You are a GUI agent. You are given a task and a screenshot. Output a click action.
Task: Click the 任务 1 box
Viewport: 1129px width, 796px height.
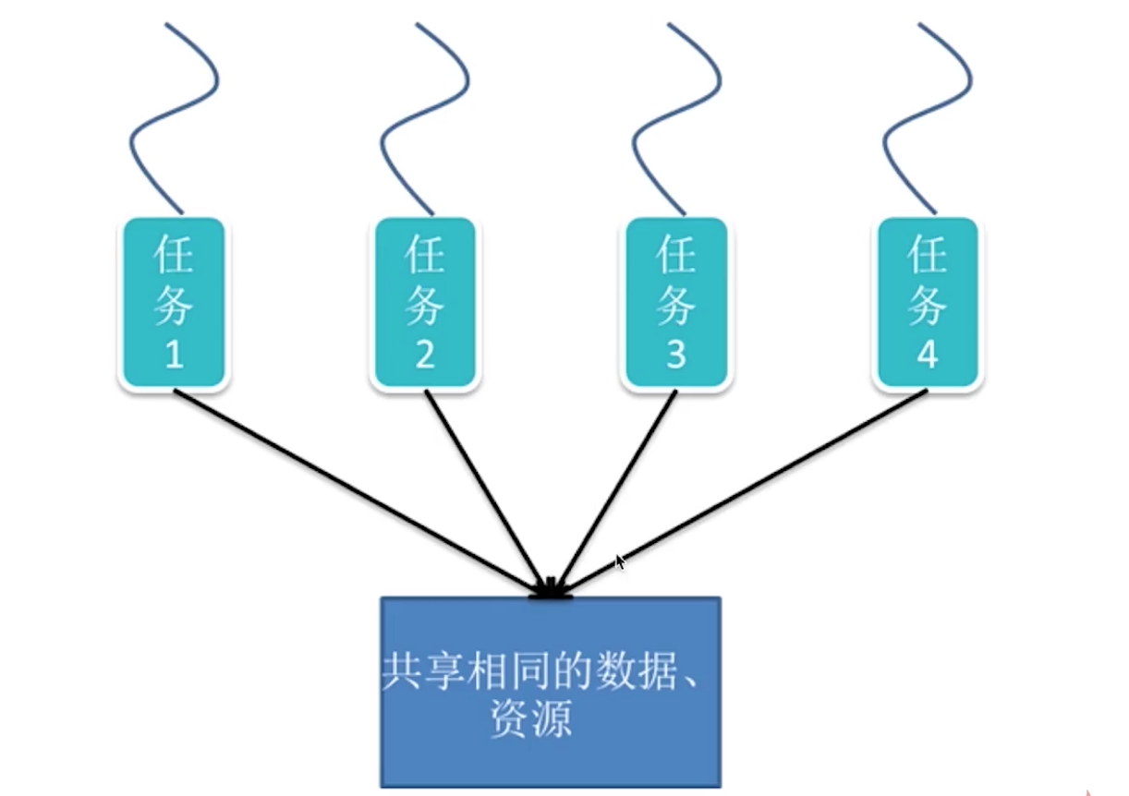click(174, 303)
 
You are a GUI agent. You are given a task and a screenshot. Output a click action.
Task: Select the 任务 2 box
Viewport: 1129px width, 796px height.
click(424, 303)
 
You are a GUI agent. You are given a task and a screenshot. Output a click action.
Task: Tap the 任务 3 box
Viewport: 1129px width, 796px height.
click(675, 303)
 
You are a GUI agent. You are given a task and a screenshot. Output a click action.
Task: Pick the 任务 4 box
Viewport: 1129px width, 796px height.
click(927, 303)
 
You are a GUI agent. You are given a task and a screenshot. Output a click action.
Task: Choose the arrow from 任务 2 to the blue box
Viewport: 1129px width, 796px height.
click(485, 489)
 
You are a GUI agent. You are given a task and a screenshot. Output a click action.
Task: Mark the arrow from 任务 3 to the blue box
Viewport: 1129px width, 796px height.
click(617, 489)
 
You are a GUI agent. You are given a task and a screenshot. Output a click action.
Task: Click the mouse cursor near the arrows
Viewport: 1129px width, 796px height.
click(620, 561)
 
